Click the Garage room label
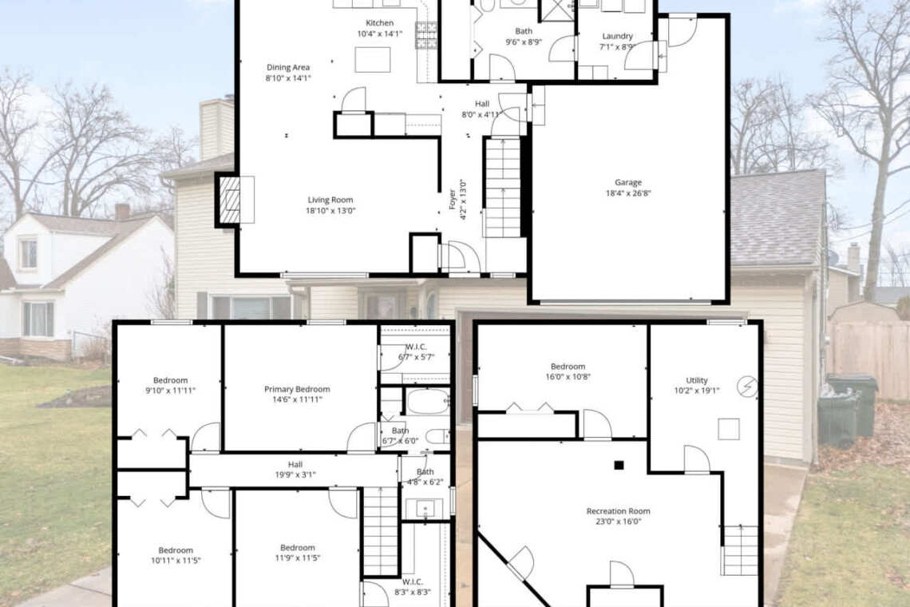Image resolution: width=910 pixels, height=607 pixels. pyautogui.click(x=628, y=182)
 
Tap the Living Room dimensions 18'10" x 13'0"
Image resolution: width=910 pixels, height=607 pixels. pyautogui.click(x=330, y=211)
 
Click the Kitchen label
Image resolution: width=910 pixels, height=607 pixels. pyautogui.click(x=379, y=23)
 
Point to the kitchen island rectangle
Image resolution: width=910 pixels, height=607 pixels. pyautogui.click(x=373, y=60)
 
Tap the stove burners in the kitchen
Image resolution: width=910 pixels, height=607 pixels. pyautogui.click(x=426, y=35)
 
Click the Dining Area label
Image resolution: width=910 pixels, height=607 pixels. pyautogui.click(x=288, y=67)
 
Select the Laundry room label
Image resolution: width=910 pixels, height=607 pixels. pyautogui.click(x=618, y=36)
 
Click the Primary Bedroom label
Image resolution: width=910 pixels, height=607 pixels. pyautogui.click(x=297, y=389)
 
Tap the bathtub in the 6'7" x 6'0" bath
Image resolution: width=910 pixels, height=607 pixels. pyautogui.click(x=428, y=401)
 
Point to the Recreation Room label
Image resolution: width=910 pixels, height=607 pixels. pyautogui.click(x=618, y=511)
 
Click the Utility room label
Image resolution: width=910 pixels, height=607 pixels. pyautogui.click(x=696, y=380)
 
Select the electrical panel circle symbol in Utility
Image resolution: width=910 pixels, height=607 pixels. pyautogui.click(x=747, y=387)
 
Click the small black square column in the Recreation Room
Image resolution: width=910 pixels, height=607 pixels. pyautogui.click(x=619, y=465)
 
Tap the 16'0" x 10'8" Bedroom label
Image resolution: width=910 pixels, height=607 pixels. pyautogui.click(x=568, y=367)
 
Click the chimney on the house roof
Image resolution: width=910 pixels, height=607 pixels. pyautogui.click(x=216, y=129)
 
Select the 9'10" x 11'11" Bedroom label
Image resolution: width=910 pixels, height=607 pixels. pyautogui.click(x=171, y=380)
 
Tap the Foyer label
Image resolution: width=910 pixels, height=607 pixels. pyautogui.click(x=452, y=199)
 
